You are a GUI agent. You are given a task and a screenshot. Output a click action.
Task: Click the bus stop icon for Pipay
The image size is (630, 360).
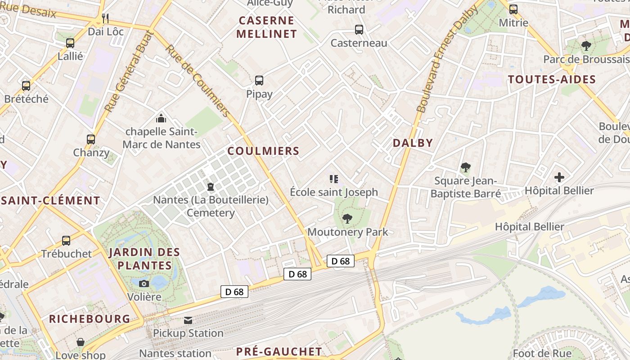[259, 81]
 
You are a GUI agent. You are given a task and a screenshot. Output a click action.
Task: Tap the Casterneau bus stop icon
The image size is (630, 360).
[359, 30]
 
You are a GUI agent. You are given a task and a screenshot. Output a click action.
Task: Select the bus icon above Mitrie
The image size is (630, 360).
[513, 9]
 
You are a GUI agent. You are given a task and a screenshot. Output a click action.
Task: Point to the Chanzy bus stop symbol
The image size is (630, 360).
[91, 139]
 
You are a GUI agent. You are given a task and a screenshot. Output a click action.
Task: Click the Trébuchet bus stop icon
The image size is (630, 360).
[66, 240]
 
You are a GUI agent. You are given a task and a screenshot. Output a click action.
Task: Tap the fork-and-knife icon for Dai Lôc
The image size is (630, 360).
[105, 18]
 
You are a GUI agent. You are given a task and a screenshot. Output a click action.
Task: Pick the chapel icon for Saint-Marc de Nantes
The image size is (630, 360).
[161, 118]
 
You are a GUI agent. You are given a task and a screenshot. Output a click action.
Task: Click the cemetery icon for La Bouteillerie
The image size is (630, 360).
[210, 186]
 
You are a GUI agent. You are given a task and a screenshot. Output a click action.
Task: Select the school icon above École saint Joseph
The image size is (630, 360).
[333, 179]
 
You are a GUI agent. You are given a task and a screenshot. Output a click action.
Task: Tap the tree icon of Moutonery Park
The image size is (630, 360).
[347, 219]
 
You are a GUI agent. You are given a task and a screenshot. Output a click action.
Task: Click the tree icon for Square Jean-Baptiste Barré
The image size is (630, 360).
[465, 167]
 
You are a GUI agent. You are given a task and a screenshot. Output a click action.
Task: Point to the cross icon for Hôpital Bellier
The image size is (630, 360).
[559, 177]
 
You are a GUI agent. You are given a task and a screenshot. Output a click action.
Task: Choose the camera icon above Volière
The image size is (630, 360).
[144, 283]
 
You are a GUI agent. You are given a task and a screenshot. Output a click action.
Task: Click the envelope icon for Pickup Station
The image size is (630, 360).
[188, 320]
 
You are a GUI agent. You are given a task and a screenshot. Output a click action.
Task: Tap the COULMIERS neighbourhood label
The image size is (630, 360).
[263, 151]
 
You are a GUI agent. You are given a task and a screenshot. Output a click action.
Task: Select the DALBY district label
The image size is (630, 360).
[413, 143]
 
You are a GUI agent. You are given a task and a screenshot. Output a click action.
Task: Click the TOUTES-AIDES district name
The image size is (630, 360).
[552, 80]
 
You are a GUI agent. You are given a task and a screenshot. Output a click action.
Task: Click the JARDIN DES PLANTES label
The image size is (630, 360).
[144, 259]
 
